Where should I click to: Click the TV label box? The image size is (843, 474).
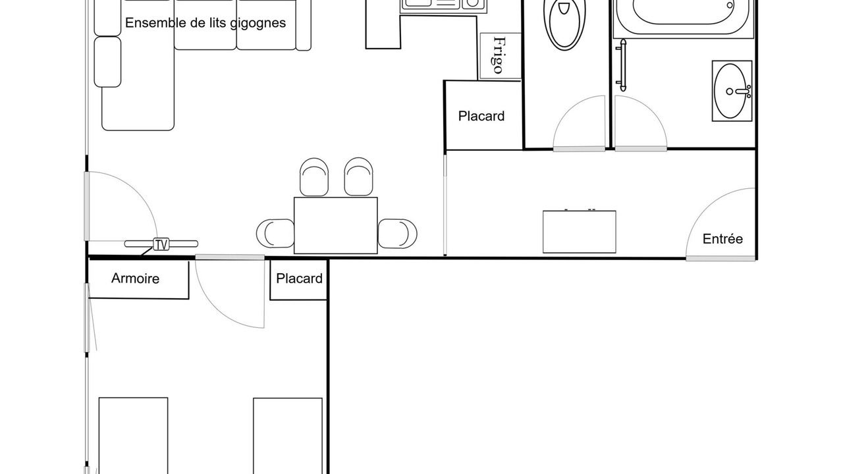pos(161,244)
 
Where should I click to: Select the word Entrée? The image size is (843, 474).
pos(722,239)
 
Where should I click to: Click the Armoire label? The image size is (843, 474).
pos(135,278)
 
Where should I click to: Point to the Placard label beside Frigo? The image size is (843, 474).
pos(481,116)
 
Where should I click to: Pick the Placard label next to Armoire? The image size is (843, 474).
pos(299,278)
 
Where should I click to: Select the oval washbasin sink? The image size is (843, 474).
pos(730,91)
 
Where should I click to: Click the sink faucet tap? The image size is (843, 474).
pos(744,92)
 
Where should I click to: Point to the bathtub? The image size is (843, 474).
pos(683,17)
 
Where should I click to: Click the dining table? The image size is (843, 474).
pos(336,225)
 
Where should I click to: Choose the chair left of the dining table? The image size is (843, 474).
pos(275,233)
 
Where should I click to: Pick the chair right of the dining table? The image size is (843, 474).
pos(397,233)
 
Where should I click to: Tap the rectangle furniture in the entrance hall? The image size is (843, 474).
pos(579,231)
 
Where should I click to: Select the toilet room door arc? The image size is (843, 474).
pos(568,112)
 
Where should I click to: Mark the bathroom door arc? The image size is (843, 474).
pos(651,112)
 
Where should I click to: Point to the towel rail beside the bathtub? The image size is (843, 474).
pos(622,65)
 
